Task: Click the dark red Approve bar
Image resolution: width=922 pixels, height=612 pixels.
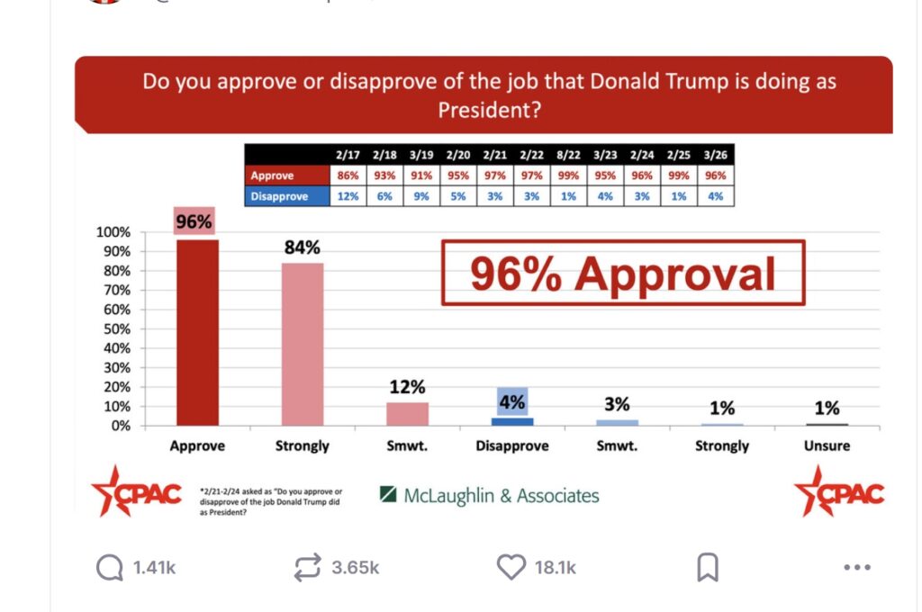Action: coord(197,333)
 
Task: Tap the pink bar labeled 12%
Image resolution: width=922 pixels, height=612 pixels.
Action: coord(407,414)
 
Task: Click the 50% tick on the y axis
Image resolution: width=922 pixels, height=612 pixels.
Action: coord(113,328)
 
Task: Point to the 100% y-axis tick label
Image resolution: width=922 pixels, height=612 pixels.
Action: coord(113,231)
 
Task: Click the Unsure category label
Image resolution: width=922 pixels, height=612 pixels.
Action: coord(827,445)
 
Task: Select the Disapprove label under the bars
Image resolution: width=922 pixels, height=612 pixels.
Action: coord(511,445)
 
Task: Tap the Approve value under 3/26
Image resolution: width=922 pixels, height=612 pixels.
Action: coord(716,176)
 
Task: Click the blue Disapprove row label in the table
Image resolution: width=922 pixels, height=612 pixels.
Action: coord(278,196)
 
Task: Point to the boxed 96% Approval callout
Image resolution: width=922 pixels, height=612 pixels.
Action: coord(622,274)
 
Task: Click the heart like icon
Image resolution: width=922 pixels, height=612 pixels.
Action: coord(511,567)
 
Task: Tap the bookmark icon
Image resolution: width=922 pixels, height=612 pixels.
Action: coord(708,567)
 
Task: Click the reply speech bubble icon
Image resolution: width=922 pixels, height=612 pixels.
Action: coord(110,567)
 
